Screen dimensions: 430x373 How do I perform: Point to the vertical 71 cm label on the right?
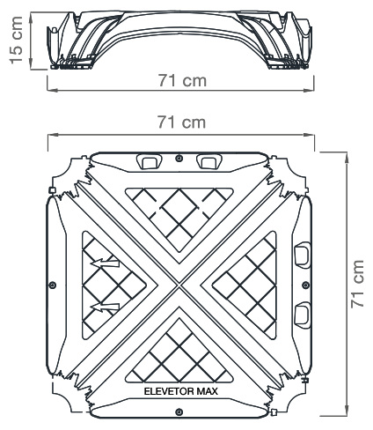[356, 283]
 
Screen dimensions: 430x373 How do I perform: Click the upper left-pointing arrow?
[105, 262]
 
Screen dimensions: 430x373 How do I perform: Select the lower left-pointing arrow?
[105, 307]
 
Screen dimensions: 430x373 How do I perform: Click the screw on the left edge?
[53, 285]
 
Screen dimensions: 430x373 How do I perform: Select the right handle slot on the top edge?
[209, 161]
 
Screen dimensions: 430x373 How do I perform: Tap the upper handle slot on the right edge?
[300, 254]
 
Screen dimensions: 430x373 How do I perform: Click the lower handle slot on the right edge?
[300, 310]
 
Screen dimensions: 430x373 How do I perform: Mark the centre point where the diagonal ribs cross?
[179, 284]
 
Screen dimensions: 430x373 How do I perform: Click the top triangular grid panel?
[179, 216]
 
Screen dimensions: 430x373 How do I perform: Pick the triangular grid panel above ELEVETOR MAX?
[179, 352]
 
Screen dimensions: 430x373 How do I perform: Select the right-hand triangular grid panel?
[246, 284]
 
